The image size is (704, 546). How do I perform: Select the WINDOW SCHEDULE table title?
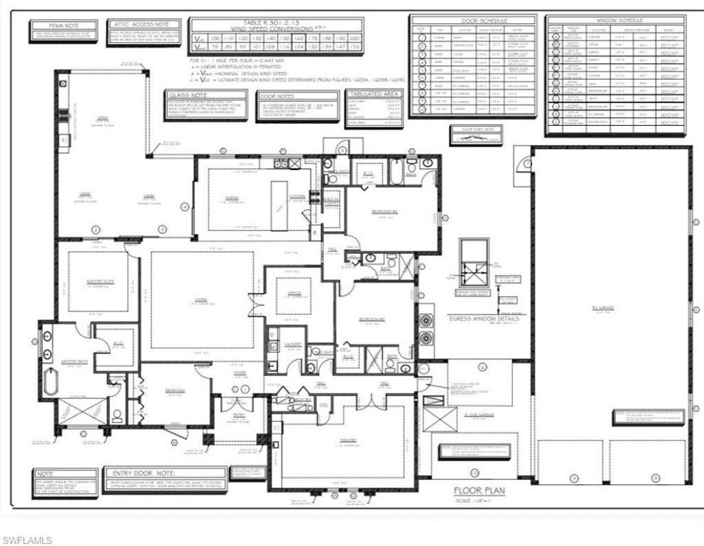point(615,21)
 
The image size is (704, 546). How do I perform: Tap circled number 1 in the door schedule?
point(421,37)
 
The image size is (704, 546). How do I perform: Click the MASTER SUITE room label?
point(100,281)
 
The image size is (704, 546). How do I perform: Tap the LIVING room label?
point(201,299)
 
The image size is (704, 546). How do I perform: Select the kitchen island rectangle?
point(279,206)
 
